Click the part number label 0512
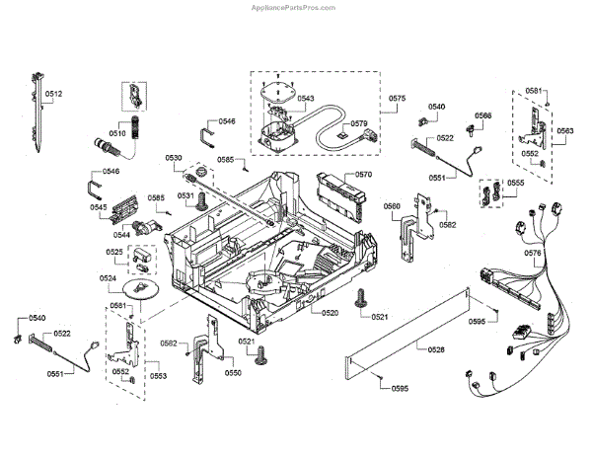(x=53, y=94)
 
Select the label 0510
(x=117, y=133)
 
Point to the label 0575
(x=398, y=98)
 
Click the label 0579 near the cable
(x=359, y=123)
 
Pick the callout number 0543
(x=306, y=98)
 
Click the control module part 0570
(x=341, y=196)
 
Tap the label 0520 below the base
(x=330, y=313)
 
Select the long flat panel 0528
(x=407, y=334)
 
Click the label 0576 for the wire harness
(x=533, y=253)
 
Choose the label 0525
(x=114, y=252)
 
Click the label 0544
(x=121, y=235)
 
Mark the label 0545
(x=98, y=207)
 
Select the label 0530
(x=174, y=158)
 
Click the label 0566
(x=483, y=115)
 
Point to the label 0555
(x=516, y=183)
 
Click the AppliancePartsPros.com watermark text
(x=293, y=8)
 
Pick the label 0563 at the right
(x=565, y=130)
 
